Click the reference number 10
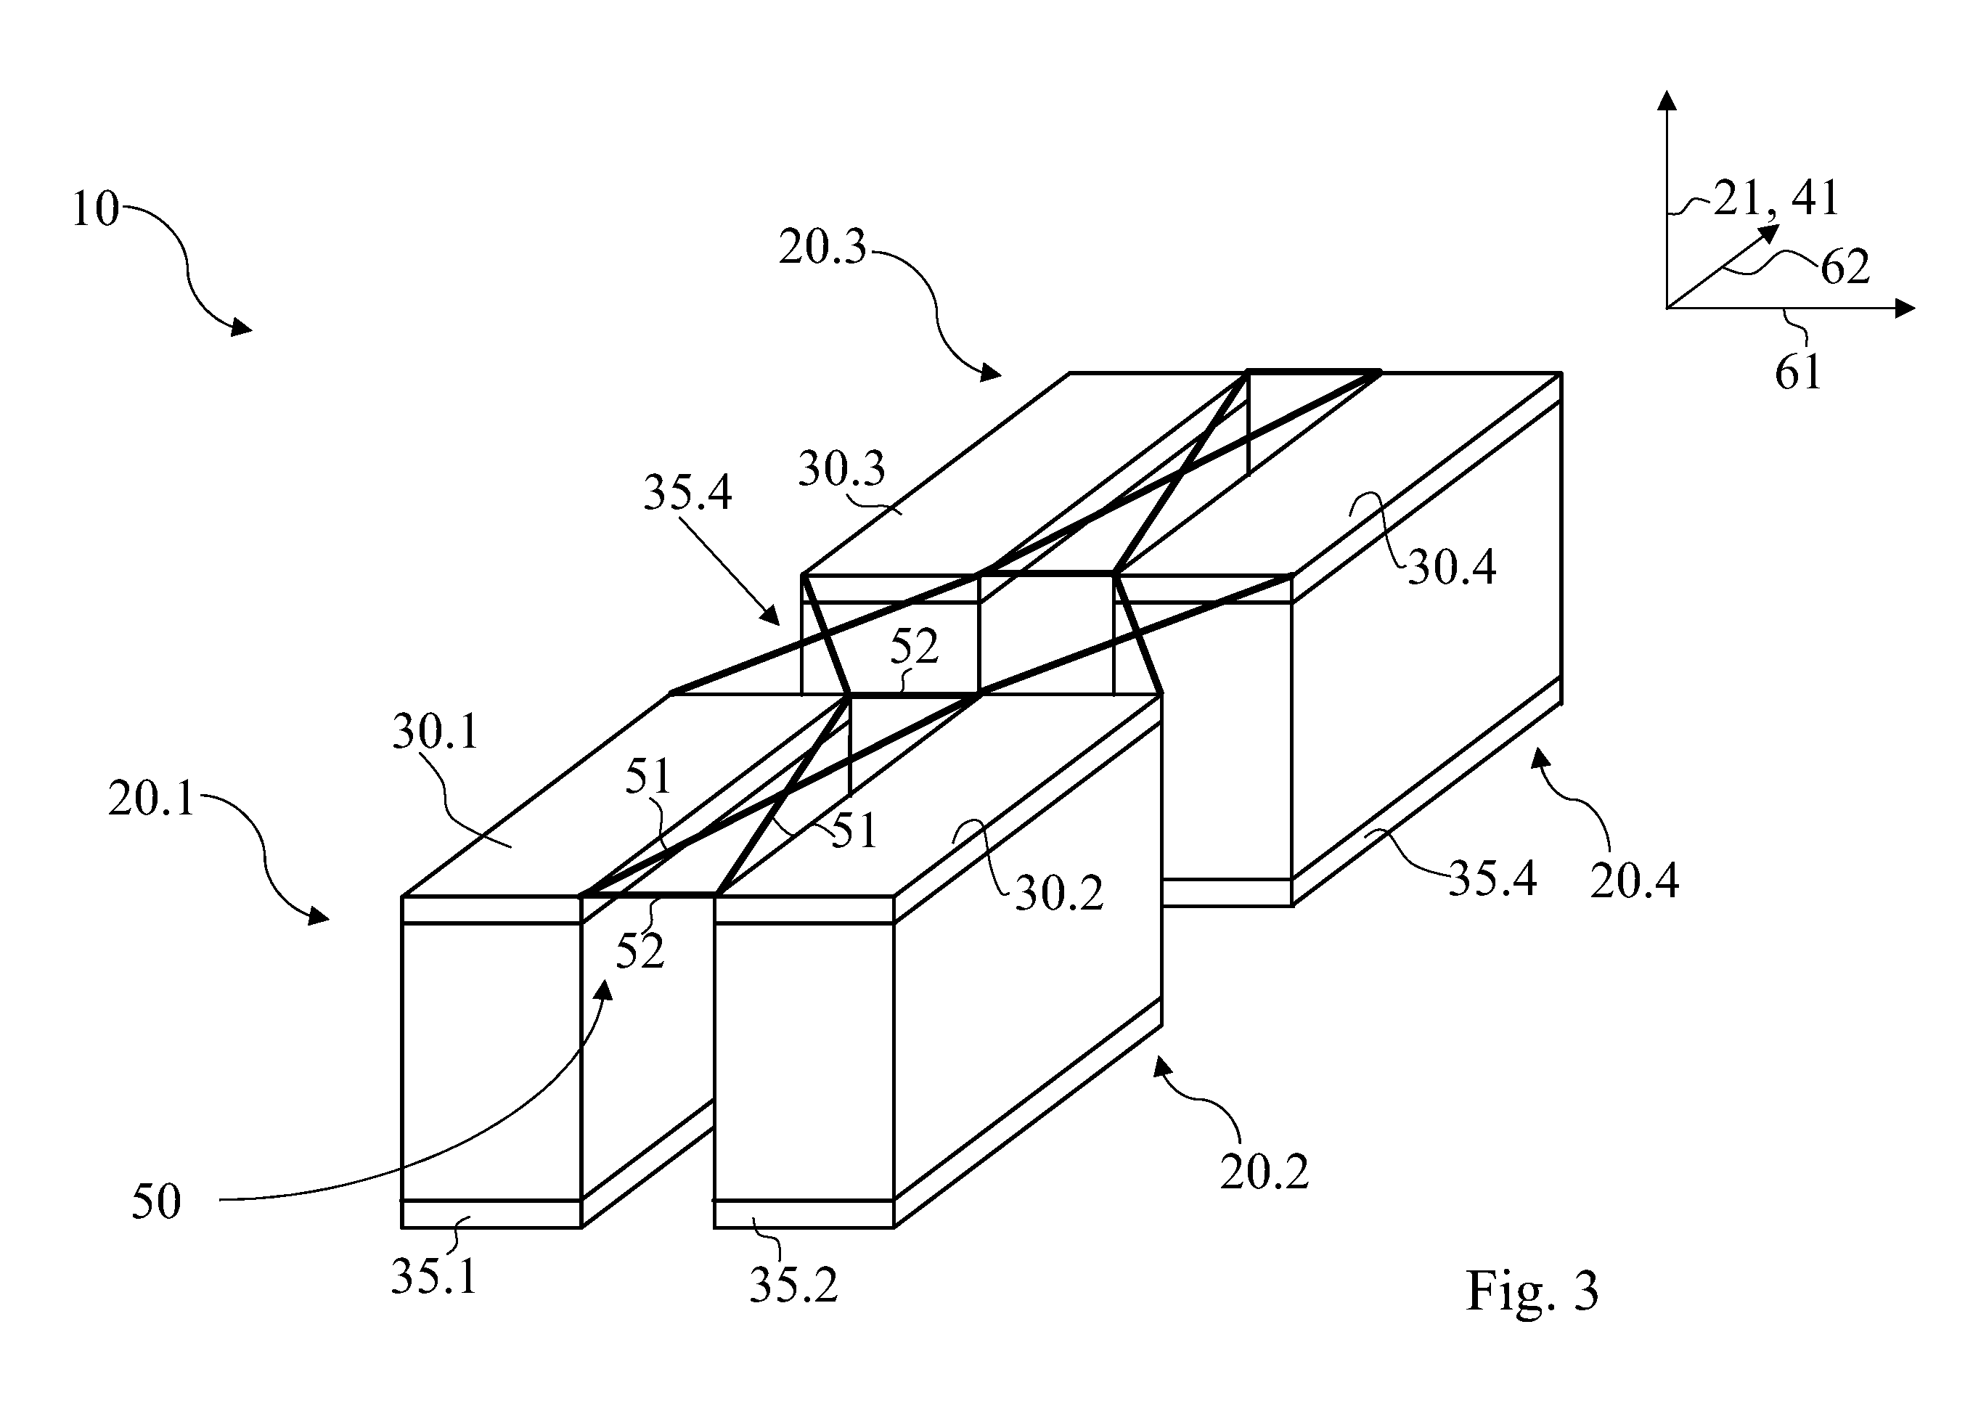(x=94, y=209)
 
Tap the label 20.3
(x=822, y=247)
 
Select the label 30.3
(x=841, y=469)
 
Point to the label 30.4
(x=1451, y=568)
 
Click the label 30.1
(x=436, y=732)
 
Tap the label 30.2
(x=1059, y=893)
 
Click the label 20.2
(x=1264, y=1172)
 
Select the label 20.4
(x=1635, y=881)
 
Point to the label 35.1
(x=434, y=1276)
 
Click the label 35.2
(x=793, y=1285)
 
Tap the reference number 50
(x=156, y=1202)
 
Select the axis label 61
(x=1798, y=372)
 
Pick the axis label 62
(x=1845, y=267)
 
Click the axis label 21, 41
(x=1776, y=198)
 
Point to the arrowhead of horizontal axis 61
(x=1904, y=308)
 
